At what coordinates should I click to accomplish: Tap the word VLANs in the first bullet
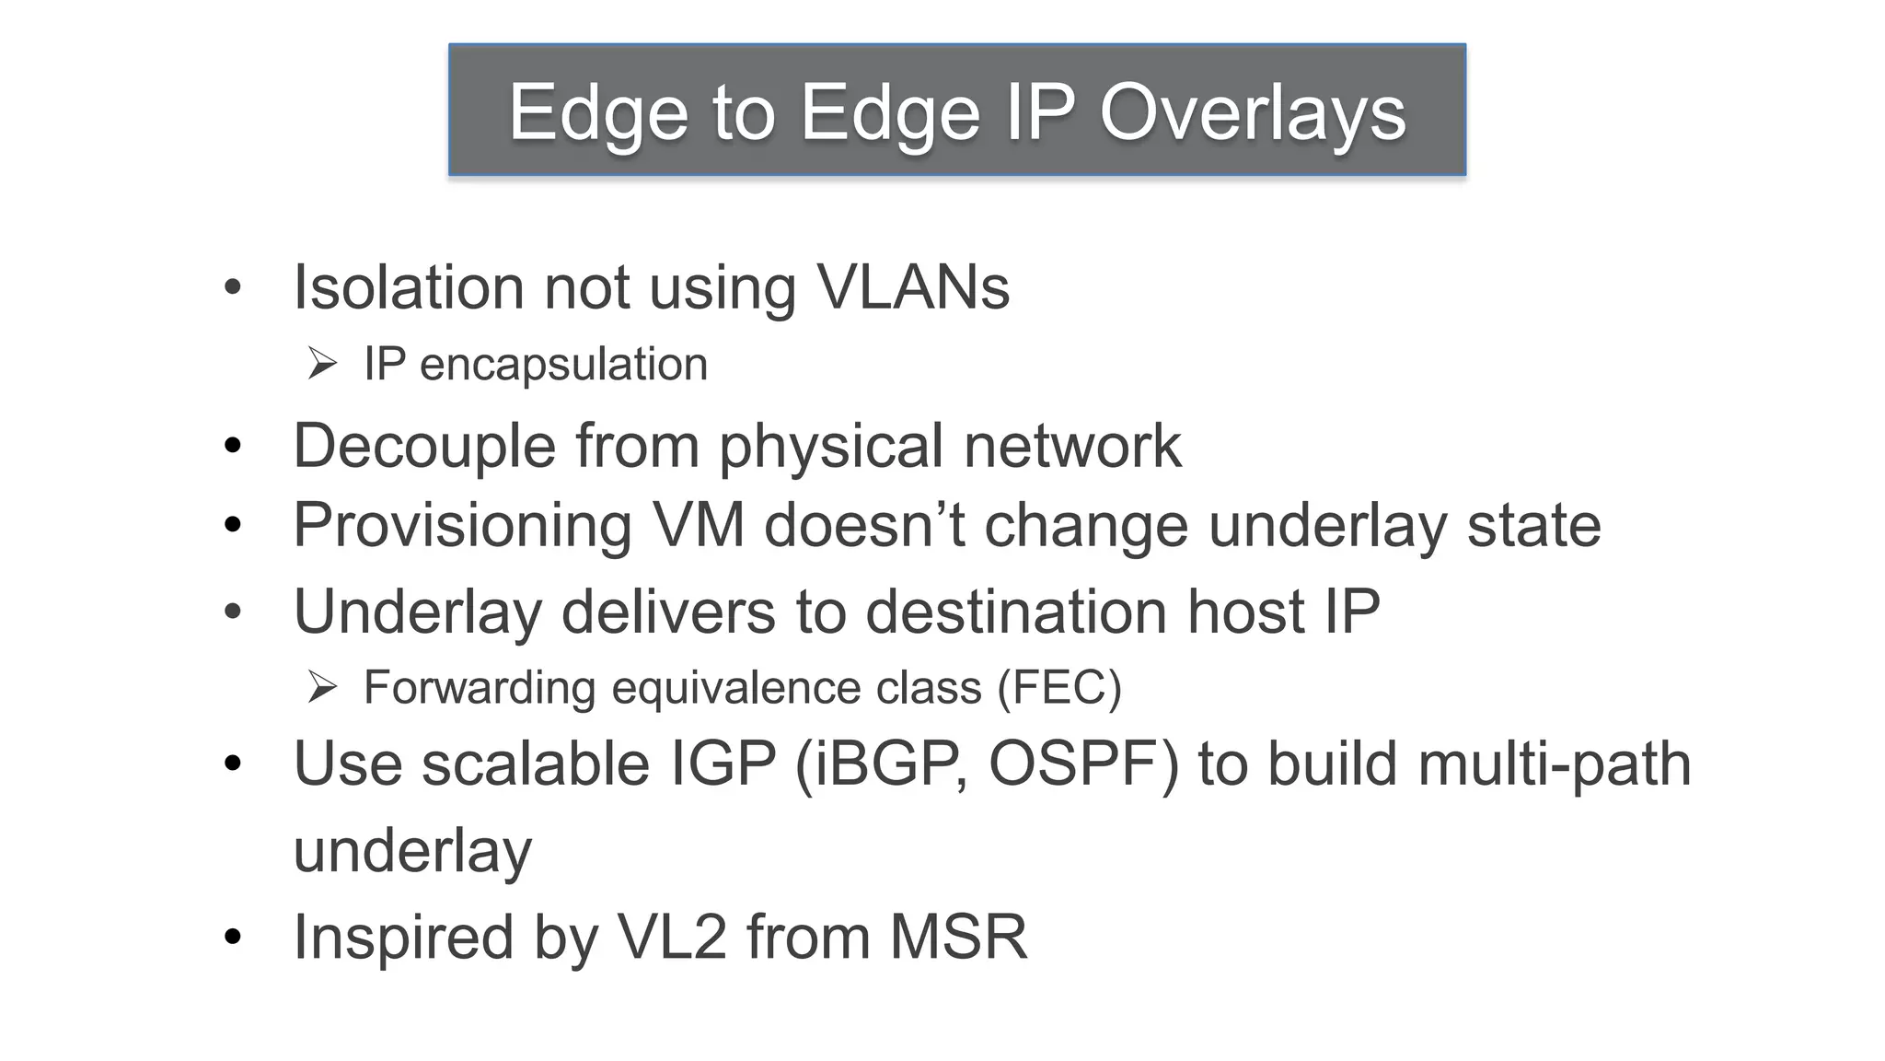(913, 287)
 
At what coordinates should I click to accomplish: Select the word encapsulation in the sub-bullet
(563, 365)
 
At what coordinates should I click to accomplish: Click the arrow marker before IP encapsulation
(322, 364)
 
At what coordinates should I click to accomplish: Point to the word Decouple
(424, 447)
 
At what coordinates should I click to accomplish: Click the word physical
(830, 447)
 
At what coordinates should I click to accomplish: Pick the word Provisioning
(462, 526)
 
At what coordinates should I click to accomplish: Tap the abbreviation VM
(698, 526)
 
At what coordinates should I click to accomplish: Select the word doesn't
(864, 526)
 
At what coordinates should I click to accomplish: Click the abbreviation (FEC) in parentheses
(1059, 688)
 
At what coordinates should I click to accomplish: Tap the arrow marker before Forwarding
(322, 687)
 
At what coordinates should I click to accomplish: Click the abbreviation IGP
(723, 764)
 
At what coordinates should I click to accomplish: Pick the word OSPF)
(1083, 764)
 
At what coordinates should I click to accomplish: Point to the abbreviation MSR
(957, 938)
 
